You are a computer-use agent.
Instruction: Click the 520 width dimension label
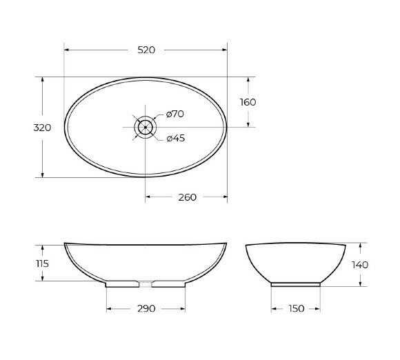point(146,50)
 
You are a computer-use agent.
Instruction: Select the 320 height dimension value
point(43,127)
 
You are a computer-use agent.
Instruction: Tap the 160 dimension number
point(248,102)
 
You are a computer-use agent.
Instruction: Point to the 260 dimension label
point(187,197)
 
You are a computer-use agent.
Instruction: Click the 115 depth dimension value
point(43,263)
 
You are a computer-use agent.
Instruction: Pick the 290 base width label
point(146,308)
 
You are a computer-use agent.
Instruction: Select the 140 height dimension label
point(360,264)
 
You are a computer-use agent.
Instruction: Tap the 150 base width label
point(296,308)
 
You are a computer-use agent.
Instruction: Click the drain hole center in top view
point(146,127)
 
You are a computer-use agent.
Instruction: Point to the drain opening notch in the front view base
point(146,282)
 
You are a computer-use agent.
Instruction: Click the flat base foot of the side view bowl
point(296,283)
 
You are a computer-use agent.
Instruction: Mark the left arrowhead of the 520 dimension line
point(66,50)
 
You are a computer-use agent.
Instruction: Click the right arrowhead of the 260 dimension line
point(225,197)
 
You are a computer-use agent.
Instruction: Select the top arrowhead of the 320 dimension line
point(43,79)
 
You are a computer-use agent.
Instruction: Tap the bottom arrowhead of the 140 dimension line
point(360,283)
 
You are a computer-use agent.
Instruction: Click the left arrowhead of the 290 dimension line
point(108,308)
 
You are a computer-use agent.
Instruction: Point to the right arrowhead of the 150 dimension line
point(320,308)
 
